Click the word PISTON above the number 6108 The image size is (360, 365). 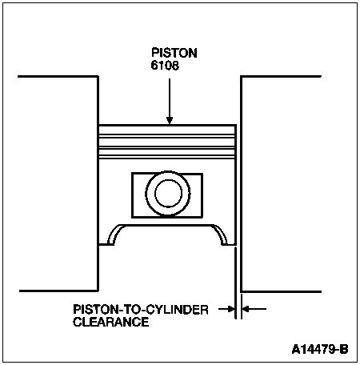click(174, 53)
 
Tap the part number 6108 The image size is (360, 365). click(165, 66)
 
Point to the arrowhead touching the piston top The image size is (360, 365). click(170, 121)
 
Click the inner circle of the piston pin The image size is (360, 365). click(168, 193)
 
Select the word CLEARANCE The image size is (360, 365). click(111, 322)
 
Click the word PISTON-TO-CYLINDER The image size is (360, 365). click(141, 310)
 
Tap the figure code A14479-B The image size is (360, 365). click(320, 349)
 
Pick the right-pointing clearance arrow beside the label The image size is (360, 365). click(226, 309)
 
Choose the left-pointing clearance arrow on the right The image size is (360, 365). click(254, 309)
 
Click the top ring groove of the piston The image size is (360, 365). click(167, 136)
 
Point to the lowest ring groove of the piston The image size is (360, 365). click(167, 158)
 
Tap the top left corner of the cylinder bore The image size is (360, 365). click(98, 77)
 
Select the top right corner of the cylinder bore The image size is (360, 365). click(241, 77)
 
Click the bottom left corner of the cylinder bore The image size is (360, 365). click(98, 291)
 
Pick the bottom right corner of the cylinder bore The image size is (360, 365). click(241, 291)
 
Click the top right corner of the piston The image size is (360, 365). click(236, 125)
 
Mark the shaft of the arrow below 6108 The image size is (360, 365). click(170, 98)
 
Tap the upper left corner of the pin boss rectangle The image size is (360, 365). click(132, 174)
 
